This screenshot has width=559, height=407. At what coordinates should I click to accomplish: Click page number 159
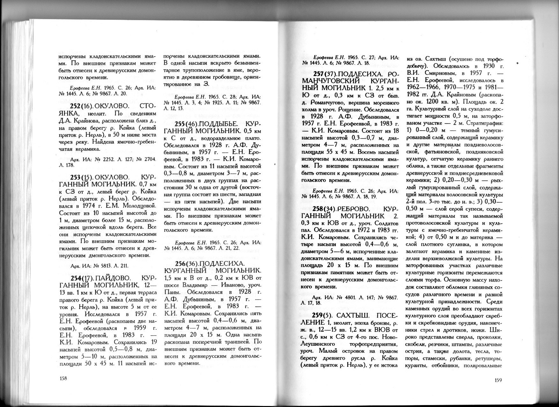(x=498, y=380)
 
